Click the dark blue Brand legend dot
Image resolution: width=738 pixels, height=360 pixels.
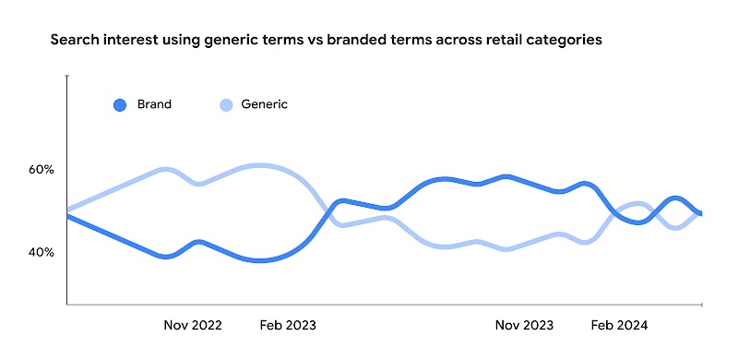tap(120, 105)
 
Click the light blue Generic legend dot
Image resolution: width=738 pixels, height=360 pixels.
tap(225, 105)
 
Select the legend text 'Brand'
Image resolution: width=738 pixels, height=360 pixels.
tap(154, 105)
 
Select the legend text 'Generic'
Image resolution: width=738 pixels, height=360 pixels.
tap(265, 105)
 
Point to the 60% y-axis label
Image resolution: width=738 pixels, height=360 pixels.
tap(42, 171)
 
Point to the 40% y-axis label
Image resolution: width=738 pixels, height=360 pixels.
tap(42, 252)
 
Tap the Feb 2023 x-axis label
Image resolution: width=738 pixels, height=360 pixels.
tap(287, 326)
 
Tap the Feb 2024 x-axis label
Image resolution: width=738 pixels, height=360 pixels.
tap(619, 326)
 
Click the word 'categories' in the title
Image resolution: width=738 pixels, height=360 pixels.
tap(567, 41)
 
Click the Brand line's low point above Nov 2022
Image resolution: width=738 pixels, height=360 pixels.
tap(166, 256)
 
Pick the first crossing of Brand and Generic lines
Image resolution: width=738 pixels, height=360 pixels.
tap(327, 210)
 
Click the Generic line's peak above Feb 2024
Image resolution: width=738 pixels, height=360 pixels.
tap(637, 204)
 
